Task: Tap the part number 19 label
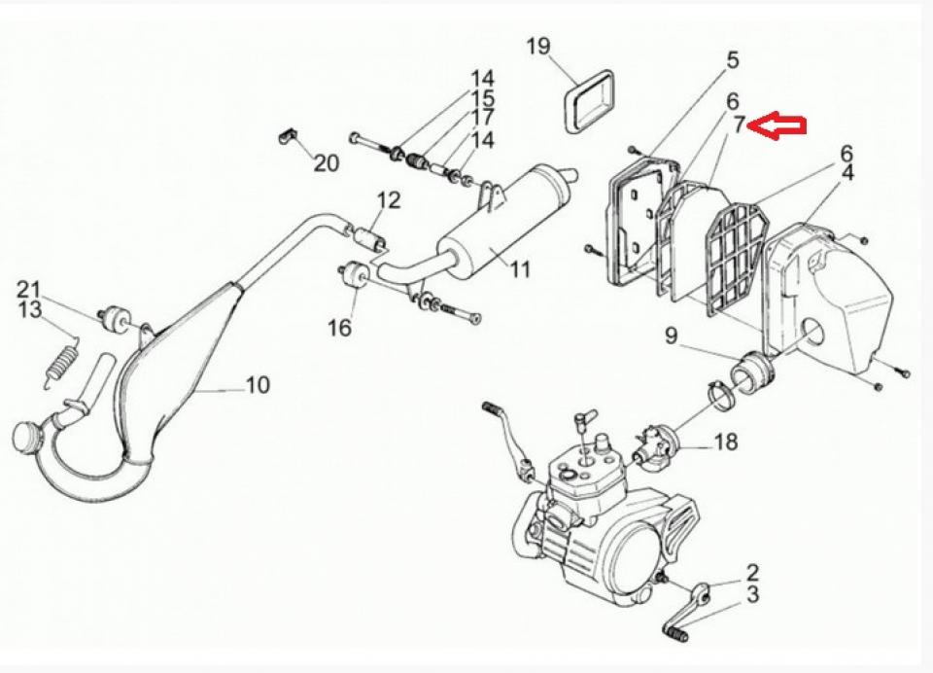click(538, 46)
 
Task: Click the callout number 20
click(326, 163)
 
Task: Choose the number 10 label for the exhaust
click(257, 385)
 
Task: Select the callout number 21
click(29, 289)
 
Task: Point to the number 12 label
click(388, 201)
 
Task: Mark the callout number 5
click(732, 60)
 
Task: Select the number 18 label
click(725, 443)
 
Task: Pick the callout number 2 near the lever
click(752, 573)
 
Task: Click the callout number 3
click(752, 594)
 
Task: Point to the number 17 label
click(482, 119)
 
